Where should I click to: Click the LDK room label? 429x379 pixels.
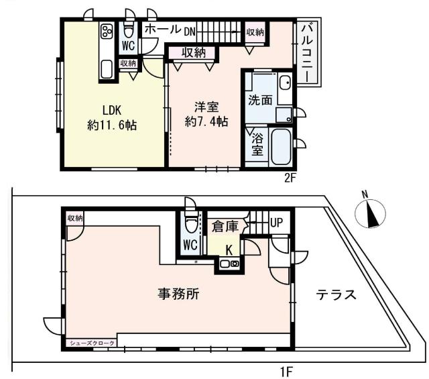pos(111,109)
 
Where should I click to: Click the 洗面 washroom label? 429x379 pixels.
pos(260,100)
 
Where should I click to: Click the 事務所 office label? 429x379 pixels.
pos(178,293)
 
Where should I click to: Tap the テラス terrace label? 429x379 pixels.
pos(335,295)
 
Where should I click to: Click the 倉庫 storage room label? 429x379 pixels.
pos(225,227)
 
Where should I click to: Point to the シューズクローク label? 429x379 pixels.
pos(92,343)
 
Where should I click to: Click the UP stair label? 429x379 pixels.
pos(275,223)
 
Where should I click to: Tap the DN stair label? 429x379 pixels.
pos(190,31)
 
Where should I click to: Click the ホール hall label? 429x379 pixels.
pos(162,30)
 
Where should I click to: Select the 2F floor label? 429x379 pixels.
pos(290,178)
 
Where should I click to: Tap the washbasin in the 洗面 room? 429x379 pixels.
pos(285,85)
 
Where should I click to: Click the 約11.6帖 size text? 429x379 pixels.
pos(112,125)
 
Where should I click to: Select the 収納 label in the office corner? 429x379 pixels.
pos(75,218)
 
